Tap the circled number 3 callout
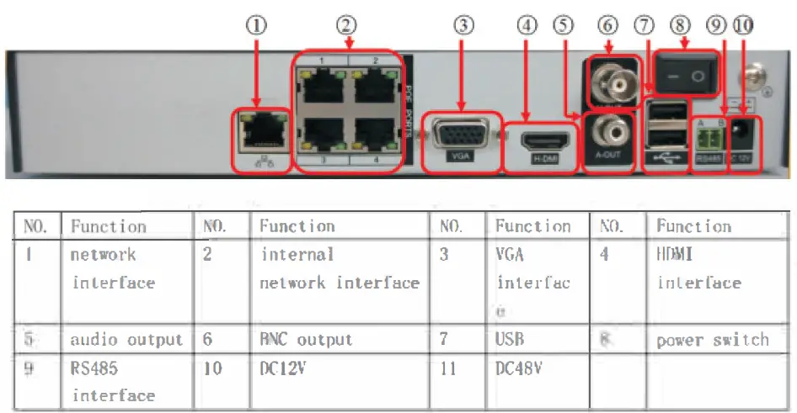tap(463, 25)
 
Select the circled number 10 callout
tap(741, 25)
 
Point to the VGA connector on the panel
tap(460, 134)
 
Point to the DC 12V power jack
tap(742, 132)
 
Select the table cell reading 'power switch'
tap(712, 340)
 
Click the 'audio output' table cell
tap(126, 340)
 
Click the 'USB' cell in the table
tap(510, 340)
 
